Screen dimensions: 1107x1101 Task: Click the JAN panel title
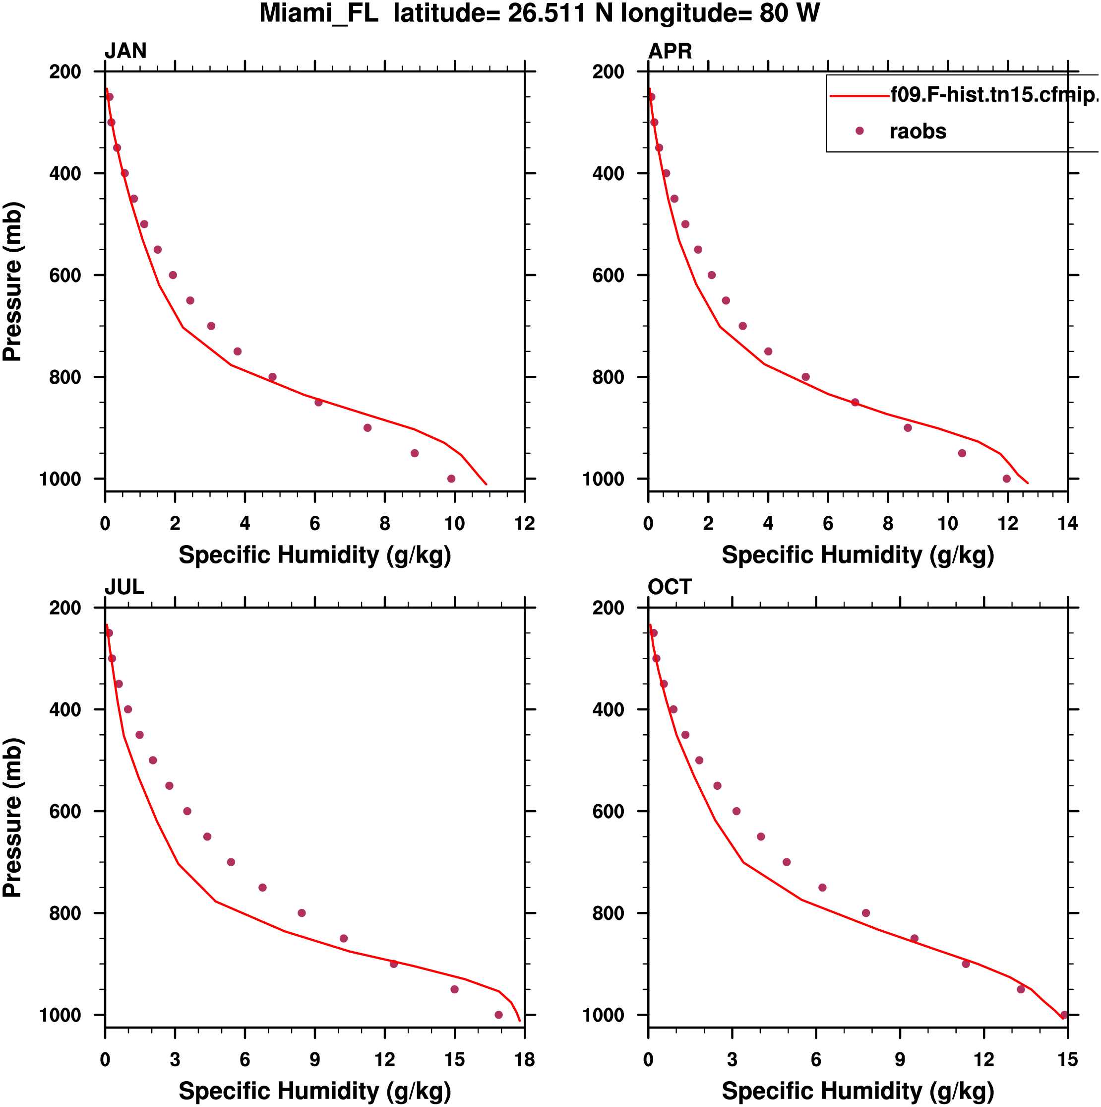tap(125, 51)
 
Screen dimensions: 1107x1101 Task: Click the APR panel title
tap(670, 51)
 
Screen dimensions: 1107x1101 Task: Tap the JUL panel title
tap(124, 587)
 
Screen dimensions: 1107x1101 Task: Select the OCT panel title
tap(670, 587)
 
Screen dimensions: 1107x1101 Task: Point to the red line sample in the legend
tap(859, 96)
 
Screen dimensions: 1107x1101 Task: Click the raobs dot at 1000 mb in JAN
tap(451, 479)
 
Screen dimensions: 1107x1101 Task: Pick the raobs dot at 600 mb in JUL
tap(187, 811)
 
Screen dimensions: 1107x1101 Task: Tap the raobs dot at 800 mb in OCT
tap(866, 913)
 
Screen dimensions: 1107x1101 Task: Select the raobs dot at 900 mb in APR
tap(908, 428)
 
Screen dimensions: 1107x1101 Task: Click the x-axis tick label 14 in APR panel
tap(1067, 523)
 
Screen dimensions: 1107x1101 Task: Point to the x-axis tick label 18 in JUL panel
tap(524, 1060)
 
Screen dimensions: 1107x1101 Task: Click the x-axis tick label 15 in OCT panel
tap(1067, 1060)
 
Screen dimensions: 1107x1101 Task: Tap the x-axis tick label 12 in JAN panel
tap(524, 523)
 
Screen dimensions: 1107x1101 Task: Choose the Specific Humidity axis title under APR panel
tap(857, 554)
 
